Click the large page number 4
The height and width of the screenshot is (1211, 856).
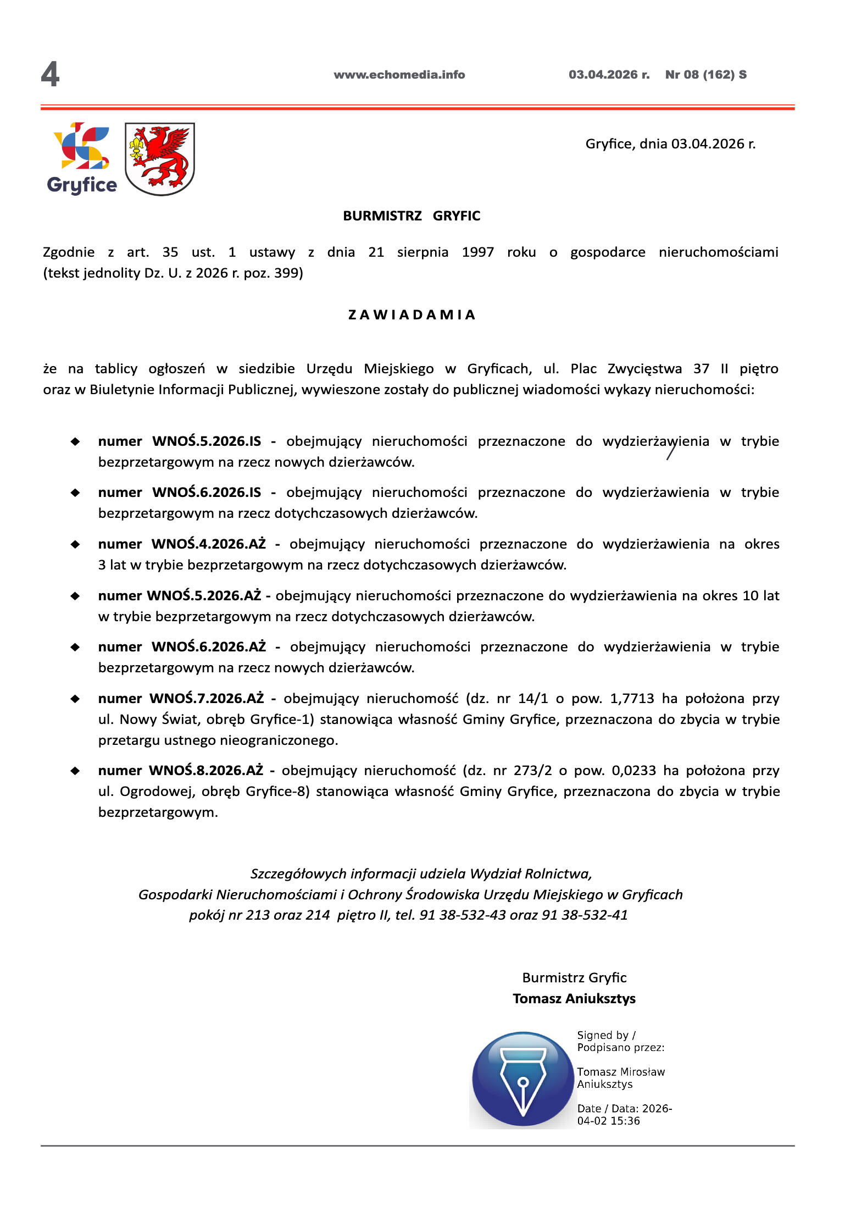click(x=50, y=74)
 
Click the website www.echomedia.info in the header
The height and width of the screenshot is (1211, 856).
click(x=399, y=75)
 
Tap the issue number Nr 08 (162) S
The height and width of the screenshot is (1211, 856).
click(x=705, y=75)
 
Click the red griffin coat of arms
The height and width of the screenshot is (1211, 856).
click(x=160, y=159)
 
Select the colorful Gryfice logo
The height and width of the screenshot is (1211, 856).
click(x=82, y=158)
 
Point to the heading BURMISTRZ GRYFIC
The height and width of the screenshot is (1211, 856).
click(x=412, y=216)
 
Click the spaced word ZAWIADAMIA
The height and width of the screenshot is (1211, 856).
click(x=412, y=315)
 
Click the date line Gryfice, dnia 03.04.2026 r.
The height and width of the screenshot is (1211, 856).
click(x=670, y=144)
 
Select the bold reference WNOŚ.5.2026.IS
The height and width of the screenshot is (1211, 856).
click(x=207, y=441)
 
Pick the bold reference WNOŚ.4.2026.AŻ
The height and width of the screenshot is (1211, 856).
click(x=208, y=544)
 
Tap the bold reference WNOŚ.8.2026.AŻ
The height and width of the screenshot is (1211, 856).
click(x=206, y=771)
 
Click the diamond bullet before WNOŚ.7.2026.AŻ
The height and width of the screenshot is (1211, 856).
click(x=75, y=699)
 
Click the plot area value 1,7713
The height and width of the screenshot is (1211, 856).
click(x=632, y=699)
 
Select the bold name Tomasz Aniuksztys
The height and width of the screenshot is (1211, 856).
click(x=574, y=999)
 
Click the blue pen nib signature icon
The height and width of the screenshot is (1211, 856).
click(x=523, y=1079)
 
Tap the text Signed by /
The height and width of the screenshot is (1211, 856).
click(x=606, y=1035)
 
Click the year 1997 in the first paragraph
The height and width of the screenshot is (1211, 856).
click(x=477, y=252)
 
